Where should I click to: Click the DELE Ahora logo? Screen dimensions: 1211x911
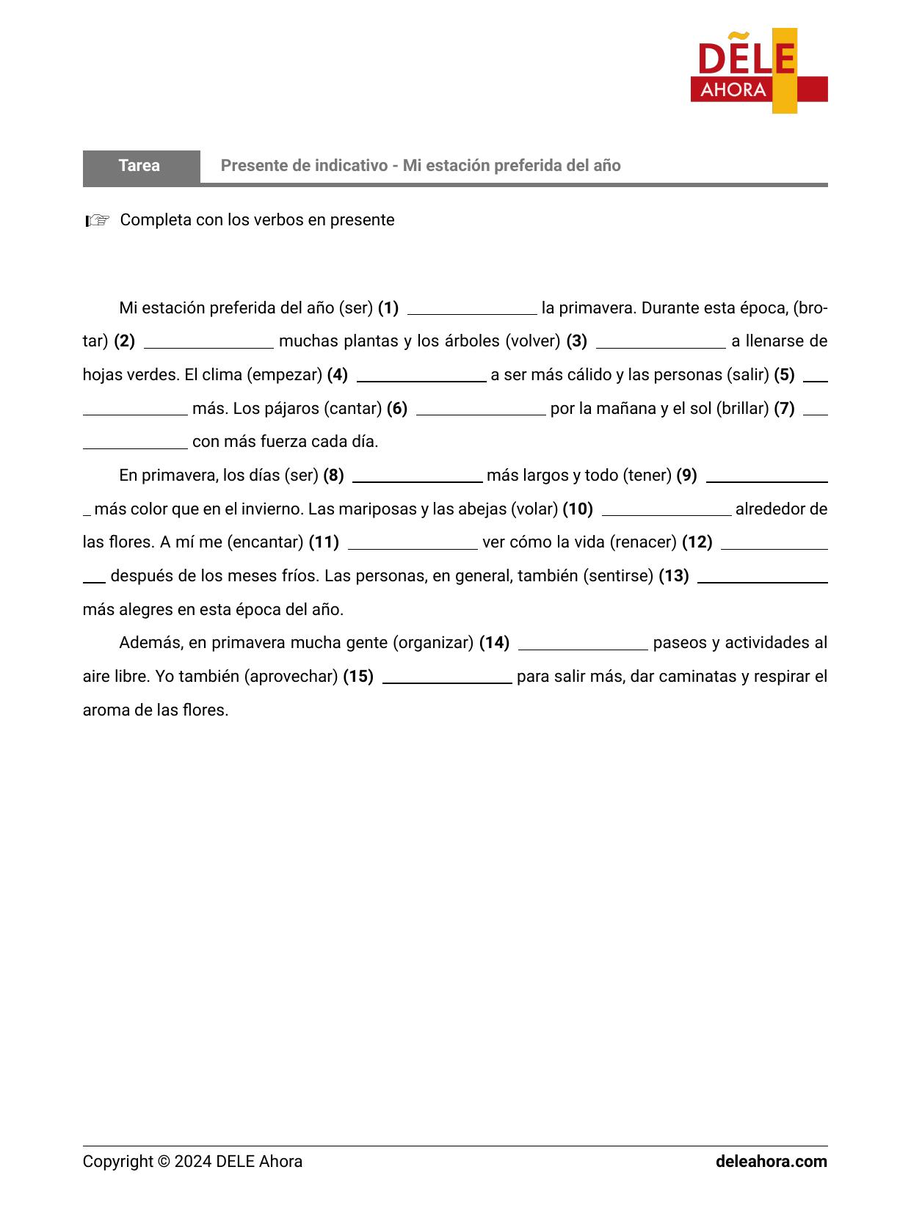[x=758, y=71]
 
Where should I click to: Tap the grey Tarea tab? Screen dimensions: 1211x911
[x=140, y=166]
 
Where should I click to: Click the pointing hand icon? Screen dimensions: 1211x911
[x=97, y=220]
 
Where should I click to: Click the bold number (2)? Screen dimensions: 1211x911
[x=124, y=341]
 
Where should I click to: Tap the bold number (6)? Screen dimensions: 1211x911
[x=396, y=409]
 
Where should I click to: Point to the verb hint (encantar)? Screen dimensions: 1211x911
[x=265, y=542]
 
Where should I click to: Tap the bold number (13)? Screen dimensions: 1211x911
[x=673, y=576]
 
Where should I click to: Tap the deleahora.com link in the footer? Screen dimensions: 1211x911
[x=771, y=1162]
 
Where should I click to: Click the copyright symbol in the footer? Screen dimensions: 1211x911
[x=164, y=1162]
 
